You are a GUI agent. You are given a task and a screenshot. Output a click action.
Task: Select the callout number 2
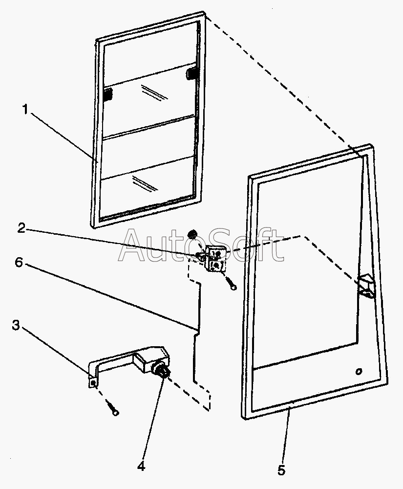[21, 228]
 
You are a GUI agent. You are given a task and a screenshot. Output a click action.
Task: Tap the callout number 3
[16, 326]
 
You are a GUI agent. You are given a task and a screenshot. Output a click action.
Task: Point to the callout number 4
[141, 466]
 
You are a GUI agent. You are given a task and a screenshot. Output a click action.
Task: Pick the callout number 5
[281, 471]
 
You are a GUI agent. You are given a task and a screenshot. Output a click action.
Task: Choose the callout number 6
[19, 262]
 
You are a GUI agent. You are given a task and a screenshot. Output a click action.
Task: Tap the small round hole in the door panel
[359, 371]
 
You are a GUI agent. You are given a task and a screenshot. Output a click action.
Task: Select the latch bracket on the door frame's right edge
[366, 287]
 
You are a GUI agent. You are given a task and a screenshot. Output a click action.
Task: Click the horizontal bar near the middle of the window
[149, 127]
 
